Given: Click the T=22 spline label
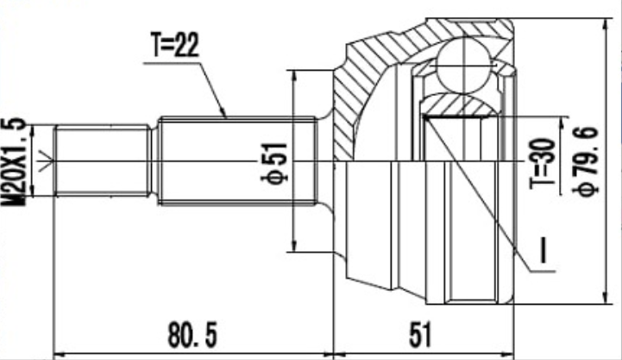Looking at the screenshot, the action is (x=174, y=45).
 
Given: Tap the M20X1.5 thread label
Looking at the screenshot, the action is (x=14, y=162).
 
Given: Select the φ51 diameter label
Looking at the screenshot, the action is (x=274, y=161).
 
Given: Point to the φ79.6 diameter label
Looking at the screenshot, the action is (x=585, y=161).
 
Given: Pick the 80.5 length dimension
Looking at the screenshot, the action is (x=192, y=335).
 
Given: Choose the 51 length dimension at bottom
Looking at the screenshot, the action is (x=419, y=335).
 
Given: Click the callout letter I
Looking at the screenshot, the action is (x=543, y=250).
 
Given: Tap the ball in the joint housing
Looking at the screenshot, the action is (x=464, y=66).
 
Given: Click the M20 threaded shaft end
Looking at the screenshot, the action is (x=103, y=161).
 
